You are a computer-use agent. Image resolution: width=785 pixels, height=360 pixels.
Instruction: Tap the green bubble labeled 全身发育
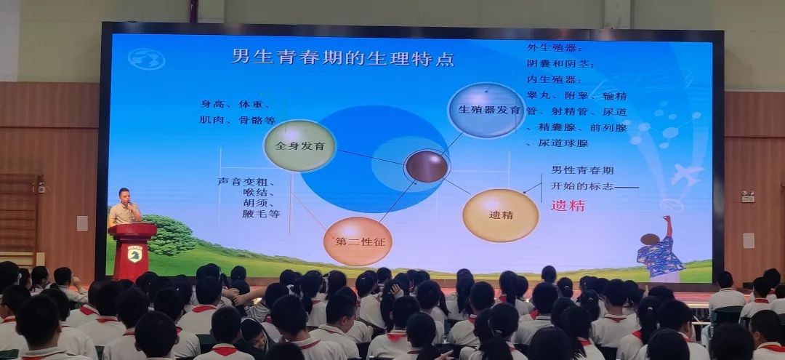pyautogui.click(x=299, y=145)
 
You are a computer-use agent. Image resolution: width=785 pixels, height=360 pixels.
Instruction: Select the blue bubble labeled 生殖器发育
pyautogui.click(x=486, y=110)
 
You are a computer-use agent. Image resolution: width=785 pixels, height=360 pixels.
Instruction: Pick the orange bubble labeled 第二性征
pyautogui.click(x=358, y=241)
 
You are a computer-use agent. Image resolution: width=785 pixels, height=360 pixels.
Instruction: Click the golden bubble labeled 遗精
pyautogui.click(x=500, y=215)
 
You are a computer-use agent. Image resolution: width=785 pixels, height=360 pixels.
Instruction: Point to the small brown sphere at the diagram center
pyautogui.click(x=427, y=166)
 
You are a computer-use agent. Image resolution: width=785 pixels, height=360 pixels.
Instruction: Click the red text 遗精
pyautogui.click(x=568, y=206)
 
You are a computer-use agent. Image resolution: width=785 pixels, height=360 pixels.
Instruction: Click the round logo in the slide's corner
pyautogui.click(x=146, y=58)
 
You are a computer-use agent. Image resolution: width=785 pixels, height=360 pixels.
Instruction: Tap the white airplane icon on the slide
pyautogui.click(x=686, y=174)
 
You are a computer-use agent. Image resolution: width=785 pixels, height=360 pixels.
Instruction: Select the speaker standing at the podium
pyautogui.click(x=125, y=209)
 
